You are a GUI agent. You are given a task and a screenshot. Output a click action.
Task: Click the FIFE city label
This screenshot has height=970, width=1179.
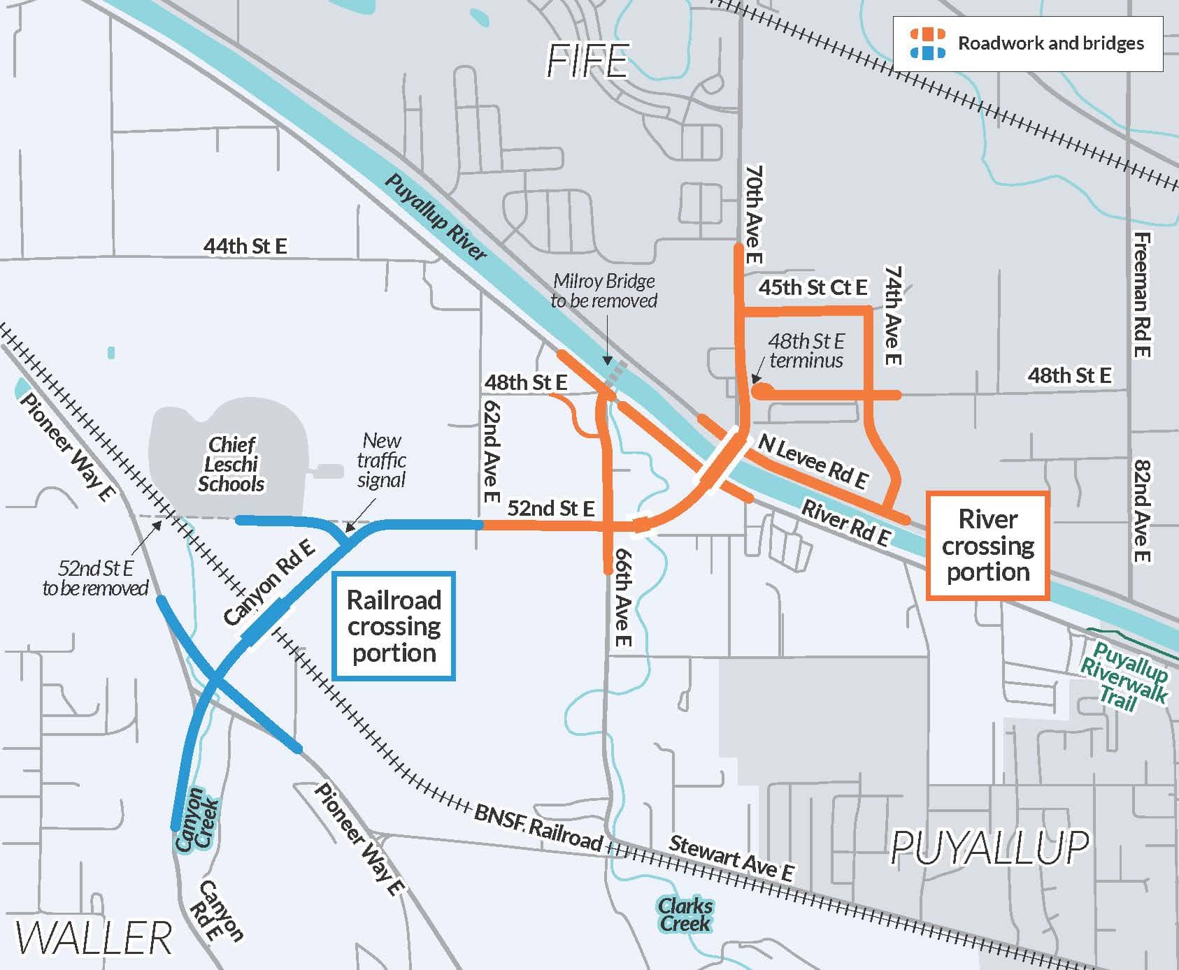point(588,61)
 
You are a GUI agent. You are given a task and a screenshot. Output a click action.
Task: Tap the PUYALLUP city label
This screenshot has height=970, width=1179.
point(989,848)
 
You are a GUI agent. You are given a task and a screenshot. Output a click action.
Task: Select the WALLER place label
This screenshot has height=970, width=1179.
point(94,937)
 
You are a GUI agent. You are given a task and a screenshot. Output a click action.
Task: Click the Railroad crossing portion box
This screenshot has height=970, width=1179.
point(394,626)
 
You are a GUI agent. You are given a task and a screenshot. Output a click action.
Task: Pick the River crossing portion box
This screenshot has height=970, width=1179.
point(987,546)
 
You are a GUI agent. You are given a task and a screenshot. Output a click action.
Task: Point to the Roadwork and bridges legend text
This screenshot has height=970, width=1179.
point(1050,43)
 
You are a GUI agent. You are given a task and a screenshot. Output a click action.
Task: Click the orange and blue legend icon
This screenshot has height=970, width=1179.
point(927,43)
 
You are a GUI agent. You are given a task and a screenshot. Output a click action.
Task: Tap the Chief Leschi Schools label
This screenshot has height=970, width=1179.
point(231,464)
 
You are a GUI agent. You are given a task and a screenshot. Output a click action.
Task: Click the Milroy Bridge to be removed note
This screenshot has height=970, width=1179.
point(604,291)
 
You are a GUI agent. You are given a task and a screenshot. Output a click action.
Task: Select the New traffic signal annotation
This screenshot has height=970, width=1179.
point(381,461)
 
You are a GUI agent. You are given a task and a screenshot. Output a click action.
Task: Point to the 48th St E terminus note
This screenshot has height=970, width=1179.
point(806,351)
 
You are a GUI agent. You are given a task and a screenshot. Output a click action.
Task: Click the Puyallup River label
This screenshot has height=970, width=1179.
point(435,217)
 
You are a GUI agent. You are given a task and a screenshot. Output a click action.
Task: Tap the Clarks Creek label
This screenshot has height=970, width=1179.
point(685,915)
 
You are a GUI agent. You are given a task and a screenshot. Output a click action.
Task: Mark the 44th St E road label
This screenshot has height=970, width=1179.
point(245,246)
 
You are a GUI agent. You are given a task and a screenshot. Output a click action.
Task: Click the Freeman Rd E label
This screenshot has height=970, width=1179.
point(1141,295)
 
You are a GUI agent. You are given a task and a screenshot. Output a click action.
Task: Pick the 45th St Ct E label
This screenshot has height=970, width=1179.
point(813,287)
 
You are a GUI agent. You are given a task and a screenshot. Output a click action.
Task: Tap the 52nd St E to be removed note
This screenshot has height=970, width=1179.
point(95,578)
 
